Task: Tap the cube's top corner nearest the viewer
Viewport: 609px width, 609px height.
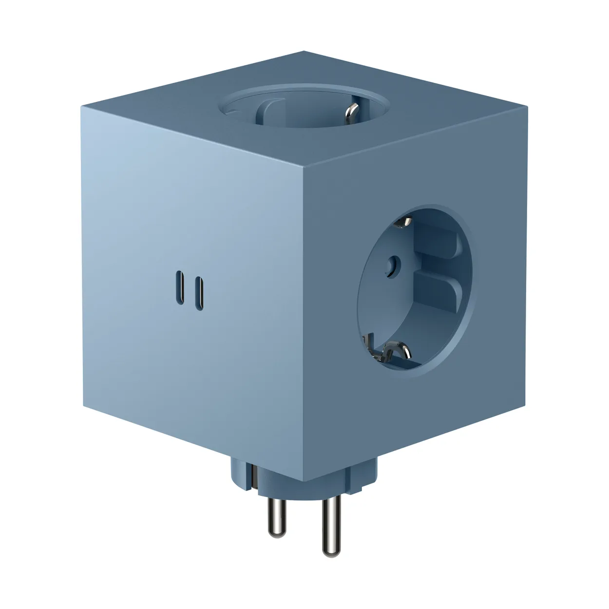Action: (x=303, y=167)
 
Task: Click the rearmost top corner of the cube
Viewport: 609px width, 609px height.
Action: (x=303, y=51)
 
